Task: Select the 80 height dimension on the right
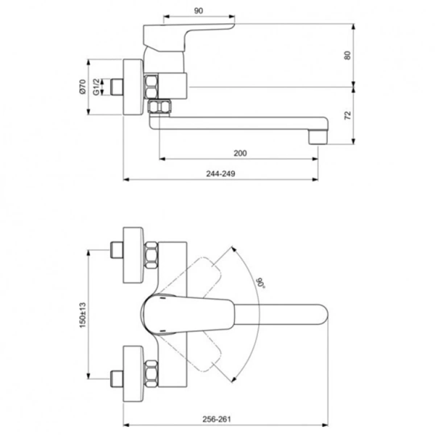(349, 54)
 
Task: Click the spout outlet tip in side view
(317, 136)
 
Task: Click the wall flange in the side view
(133, 87)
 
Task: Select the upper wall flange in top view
(133, 257)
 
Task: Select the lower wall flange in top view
(133, 369)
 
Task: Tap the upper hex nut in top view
(152, 257)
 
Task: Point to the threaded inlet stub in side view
(115, 87)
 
